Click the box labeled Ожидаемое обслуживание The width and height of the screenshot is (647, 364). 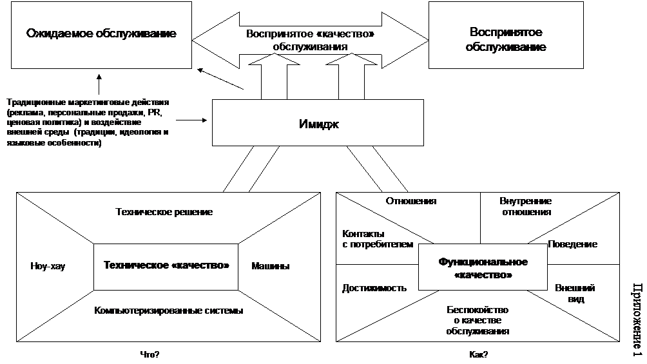101,34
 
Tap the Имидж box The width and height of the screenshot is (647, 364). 318,124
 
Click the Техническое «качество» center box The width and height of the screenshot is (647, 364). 166,265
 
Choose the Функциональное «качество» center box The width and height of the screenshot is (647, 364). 483,268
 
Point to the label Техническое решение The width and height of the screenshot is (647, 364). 164,211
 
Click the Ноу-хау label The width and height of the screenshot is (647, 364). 48,265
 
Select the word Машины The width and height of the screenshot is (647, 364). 271,265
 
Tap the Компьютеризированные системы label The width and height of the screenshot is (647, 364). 169,311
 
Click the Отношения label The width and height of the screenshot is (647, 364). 411,200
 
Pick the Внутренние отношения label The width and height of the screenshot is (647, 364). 525,206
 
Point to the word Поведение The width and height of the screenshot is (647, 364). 572,244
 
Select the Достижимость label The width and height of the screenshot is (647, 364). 374,288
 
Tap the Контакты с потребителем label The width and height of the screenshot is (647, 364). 377,239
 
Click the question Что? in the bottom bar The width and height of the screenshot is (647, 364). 150,355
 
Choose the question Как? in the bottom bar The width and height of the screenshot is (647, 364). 478,355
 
